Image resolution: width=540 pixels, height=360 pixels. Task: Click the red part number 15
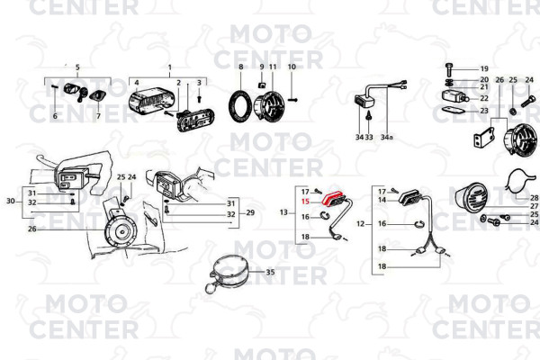[305, 202]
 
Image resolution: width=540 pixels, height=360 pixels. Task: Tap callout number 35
[270, 272]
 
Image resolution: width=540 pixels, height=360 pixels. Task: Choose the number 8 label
[240, 67]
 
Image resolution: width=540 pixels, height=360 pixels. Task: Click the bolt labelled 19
[448, 69]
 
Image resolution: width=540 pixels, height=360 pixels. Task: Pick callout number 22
[484, 98]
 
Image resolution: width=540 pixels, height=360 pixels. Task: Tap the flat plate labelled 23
[453, 111]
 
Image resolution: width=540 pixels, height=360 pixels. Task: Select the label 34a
[386, 137]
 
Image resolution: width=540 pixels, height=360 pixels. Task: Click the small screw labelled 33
[369, 115]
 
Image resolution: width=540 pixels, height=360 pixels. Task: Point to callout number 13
[283, 212]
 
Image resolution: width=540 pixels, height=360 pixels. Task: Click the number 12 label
[360, 224]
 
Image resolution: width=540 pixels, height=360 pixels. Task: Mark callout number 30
[11, 201]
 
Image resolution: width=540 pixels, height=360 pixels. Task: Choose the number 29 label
[250, 212]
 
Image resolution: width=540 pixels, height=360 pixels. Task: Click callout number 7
[98, 116]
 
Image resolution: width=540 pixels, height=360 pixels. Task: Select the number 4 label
[137, 83]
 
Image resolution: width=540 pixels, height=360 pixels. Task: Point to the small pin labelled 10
[292, 100]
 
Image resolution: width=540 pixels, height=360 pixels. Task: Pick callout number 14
[382, 200]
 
